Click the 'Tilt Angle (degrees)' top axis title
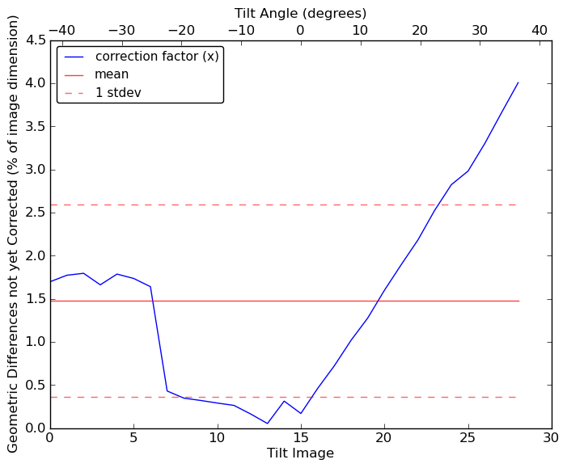(x=300, y=13)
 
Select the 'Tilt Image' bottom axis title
(x=300, y=453)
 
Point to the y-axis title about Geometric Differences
(x=14, y=234)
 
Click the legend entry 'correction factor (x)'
(x=157, y=57)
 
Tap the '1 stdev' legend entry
(x=120, y=92)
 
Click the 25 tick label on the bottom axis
(x=468, y=438)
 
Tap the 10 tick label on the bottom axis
(x=217, y=438)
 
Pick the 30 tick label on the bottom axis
(x=552, y=438)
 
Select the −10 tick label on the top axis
(x=240, y=30)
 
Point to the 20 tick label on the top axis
(x=420, y=30)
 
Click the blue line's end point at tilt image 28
(x=518, y=82)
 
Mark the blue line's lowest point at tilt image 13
(x=267, y=423)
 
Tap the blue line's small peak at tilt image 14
(x=284, y=401)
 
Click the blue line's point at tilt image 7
(x=167, y=391)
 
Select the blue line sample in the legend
(x=75, y=57)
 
